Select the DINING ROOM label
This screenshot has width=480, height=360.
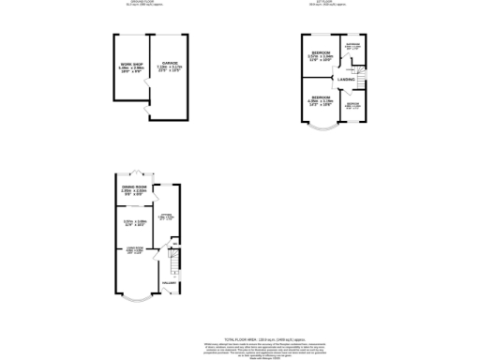[135, 188]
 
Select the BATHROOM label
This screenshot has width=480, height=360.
[352, 47]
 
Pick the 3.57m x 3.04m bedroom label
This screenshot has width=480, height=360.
[321, 55]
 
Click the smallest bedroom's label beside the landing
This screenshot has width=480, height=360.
[352, 105]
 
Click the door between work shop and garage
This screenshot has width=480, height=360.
[146, 89]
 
